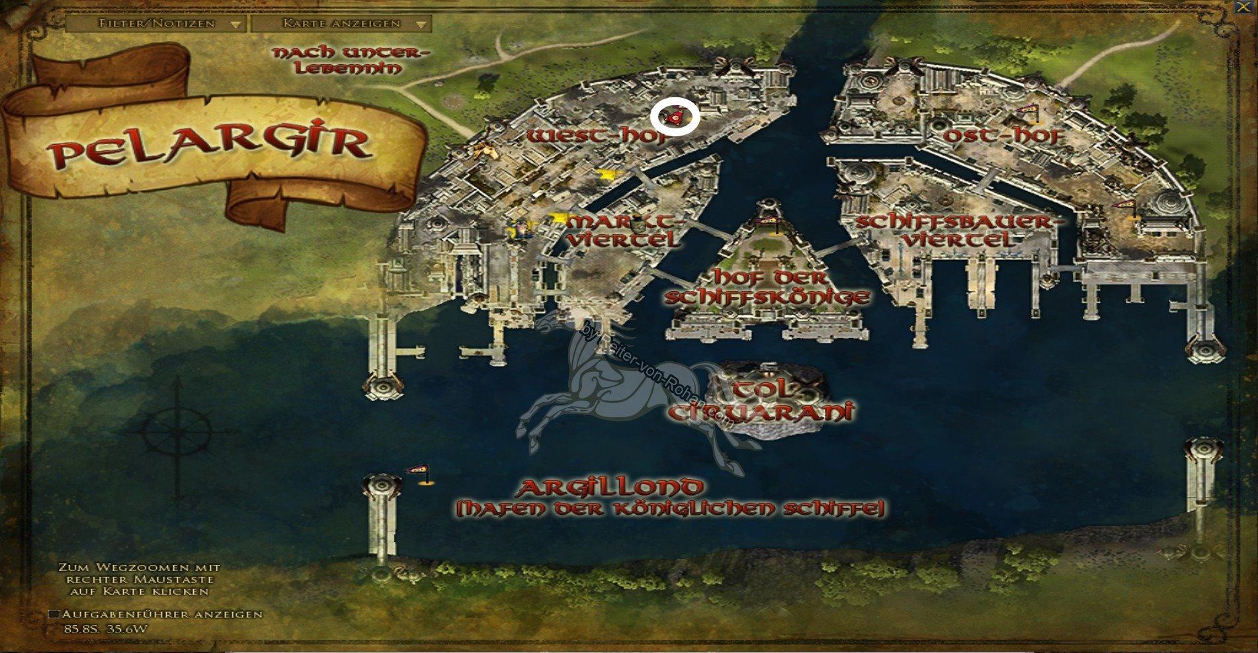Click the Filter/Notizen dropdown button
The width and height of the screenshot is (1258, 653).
pyautogui.click(x=156, y=24)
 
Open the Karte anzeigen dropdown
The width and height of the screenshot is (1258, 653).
pyautogui.click(x=341, y=24)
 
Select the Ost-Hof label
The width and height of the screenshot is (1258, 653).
pyautogui.click(x=1004, y=136)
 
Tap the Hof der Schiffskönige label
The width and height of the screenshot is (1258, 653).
pyautogui.click(x=767, y=286)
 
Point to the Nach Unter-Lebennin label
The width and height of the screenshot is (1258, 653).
pyautogui.click(x=351, y=60)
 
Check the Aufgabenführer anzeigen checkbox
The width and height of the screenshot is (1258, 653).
pyautogui.click(x=54, y=614)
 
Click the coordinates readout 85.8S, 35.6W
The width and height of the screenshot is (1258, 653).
pyautogui.click(x=106, y=628)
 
